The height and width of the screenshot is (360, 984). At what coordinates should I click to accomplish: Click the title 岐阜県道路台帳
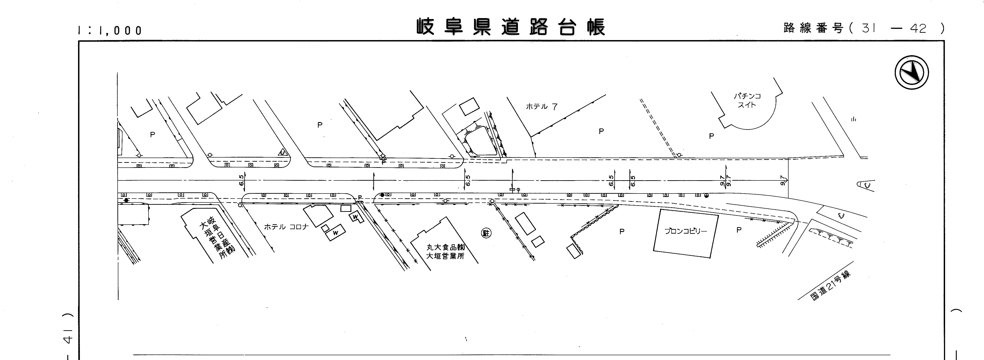[x=511, y=27]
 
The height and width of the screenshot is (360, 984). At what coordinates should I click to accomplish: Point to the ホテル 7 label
[x=542, y=107]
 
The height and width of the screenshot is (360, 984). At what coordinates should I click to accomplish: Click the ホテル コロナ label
[x=286, y=227]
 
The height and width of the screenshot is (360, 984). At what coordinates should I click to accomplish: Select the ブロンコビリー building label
[x=686, y=231]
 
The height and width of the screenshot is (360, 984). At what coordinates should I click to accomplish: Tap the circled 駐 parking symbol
[x=486, y=233]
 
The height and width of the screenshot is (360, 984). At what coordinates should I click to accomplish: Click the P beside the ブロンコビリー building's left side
[x=622, y=232]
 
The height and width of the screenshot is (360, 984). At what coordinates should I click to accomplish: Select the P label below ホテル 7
[x=601, y=131]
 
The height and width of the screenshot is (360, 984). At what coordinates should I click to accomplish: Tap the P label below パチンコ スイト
[x=711, y=136]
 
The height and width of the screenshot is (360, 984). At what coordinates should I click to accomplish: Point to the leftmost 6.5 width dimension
[x=241, y=180]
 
